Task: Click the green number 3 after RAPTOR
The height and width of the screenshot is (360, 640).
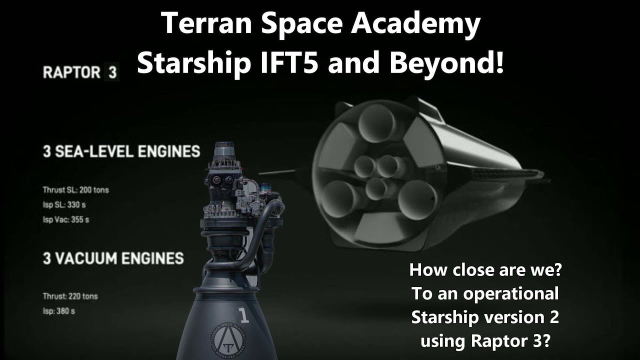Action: pos(111,72)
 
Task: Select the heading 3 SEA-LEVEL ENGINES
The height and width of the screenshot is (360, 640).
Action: pos(121,151)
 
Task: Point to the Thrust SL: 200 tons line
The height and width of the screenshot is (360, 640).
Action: pos(75,190)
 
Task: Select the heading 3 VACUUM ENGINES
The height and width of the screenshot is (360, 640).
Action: pos(113,258)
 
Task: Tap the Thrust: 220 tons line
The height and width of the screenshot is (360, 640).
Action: pos(70,296)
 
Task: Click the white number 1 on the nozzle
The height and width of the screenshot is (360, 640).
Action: pos(244,315)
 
